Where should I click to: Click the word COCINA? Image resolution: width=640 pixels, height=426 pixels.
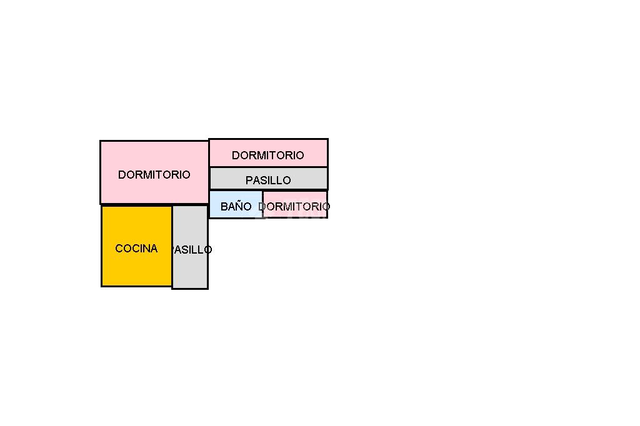coord(136,249)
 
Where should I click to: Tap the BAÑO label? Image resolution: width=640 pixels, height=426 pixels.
coord(236,206)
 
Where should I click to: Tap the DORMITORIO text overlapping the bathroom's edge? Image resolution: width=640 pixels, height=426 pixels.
coord(294,206)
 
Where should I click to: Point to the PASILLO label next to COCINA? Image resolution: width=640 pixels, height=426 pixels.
coord(192,249)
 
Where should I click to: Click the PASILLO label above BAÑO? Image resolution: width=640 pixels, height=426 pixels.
coord(268,180)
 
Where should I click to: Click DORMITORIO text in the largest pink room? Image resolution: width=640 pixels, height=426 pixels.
coord(154,175)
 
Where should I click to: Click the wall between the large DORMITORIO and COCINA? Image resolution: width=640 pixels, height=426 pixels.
coord(137,204)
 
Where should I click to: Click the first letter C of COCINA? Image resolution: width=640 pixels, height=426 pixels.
coord(119,249)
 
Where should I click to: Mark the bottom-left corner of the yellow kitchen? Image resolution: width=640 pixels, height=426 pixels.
coord(102,286)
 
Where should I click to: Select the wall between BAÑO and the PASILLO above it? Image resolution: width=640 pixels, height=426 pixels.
coord(236,190)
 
